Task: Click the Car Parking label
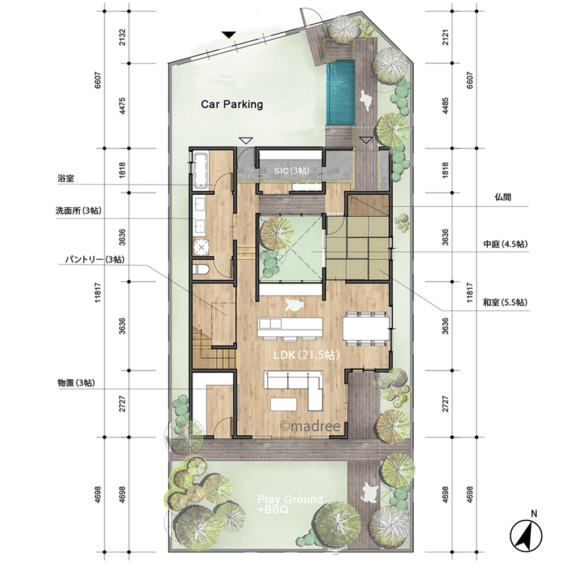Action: (x=231, y=104)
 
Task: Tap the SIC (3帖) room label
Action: (x=291, y=170)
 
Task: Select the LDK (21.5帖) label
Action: (x=306, y=355)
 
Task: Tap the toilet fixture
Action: (x=200, y=269)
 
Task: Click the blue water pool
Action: (x=341, y=92)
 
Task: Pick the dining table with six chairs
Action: (x=366, y=328)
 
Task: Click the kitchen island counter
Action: (x=290, y=327)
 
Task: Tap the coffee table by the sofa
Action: (x=284, y=404)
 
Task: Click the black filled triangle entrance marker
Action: (x=229, y=35)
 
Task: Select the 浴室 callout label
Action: (x=66, y=178)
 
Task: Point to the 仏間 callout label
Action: (x=503, y=197)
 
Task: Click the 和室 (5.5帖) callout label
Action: (x=505, y=302)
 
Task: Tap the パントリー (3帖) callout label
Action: (x=95, y=259)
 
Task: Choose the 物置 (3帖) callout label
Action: (x=76, y=383)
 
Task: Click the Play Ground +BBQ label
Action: (x=290, y=504)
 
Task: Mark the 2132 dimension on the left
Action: (x=122, y=37)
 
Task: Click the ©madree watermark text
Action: (x=310, y=426)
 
